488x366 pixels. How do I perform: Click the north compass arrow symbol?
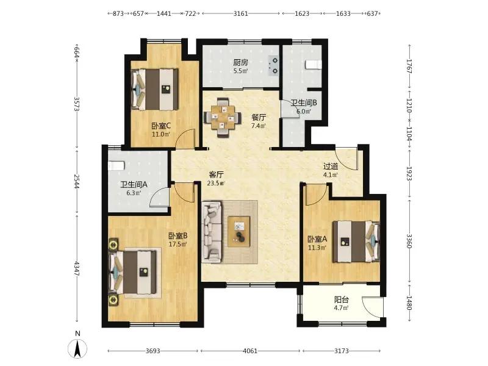point(77,348)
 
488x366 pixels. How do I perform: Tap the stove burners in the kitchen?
point(273,66)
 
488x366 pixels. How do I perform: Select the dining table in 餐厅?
point(223,117)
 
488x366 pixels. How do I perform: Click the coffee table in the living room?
point(239,232)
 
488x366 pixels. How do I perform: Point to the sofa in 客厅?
point(212,231)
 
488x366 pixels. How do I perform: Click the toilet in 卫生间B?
point(313,65)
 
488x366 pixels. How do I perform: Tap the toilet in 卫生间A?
point(116,165)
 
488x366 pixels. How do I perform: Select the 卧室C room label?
point(161,126)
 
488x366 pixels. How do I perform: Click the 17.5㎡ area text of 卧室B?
point(178,245)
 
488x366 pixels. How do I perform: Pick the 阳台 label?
point(341,300)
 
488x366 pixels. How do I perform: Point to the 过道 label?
point(331,167)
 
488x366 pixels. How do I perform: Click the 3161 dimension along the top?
point(240,13)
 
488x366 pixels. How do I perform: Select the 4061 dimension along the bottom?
point(250,351)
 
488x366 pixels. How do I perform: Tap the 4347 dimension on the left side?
point(77,268)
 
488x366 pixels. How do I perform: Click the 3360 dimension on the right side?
point(409,241)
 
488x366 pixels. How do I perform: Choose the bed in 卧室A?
point(356,242)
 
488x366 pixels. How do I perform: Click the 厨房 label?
point(240,62)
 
